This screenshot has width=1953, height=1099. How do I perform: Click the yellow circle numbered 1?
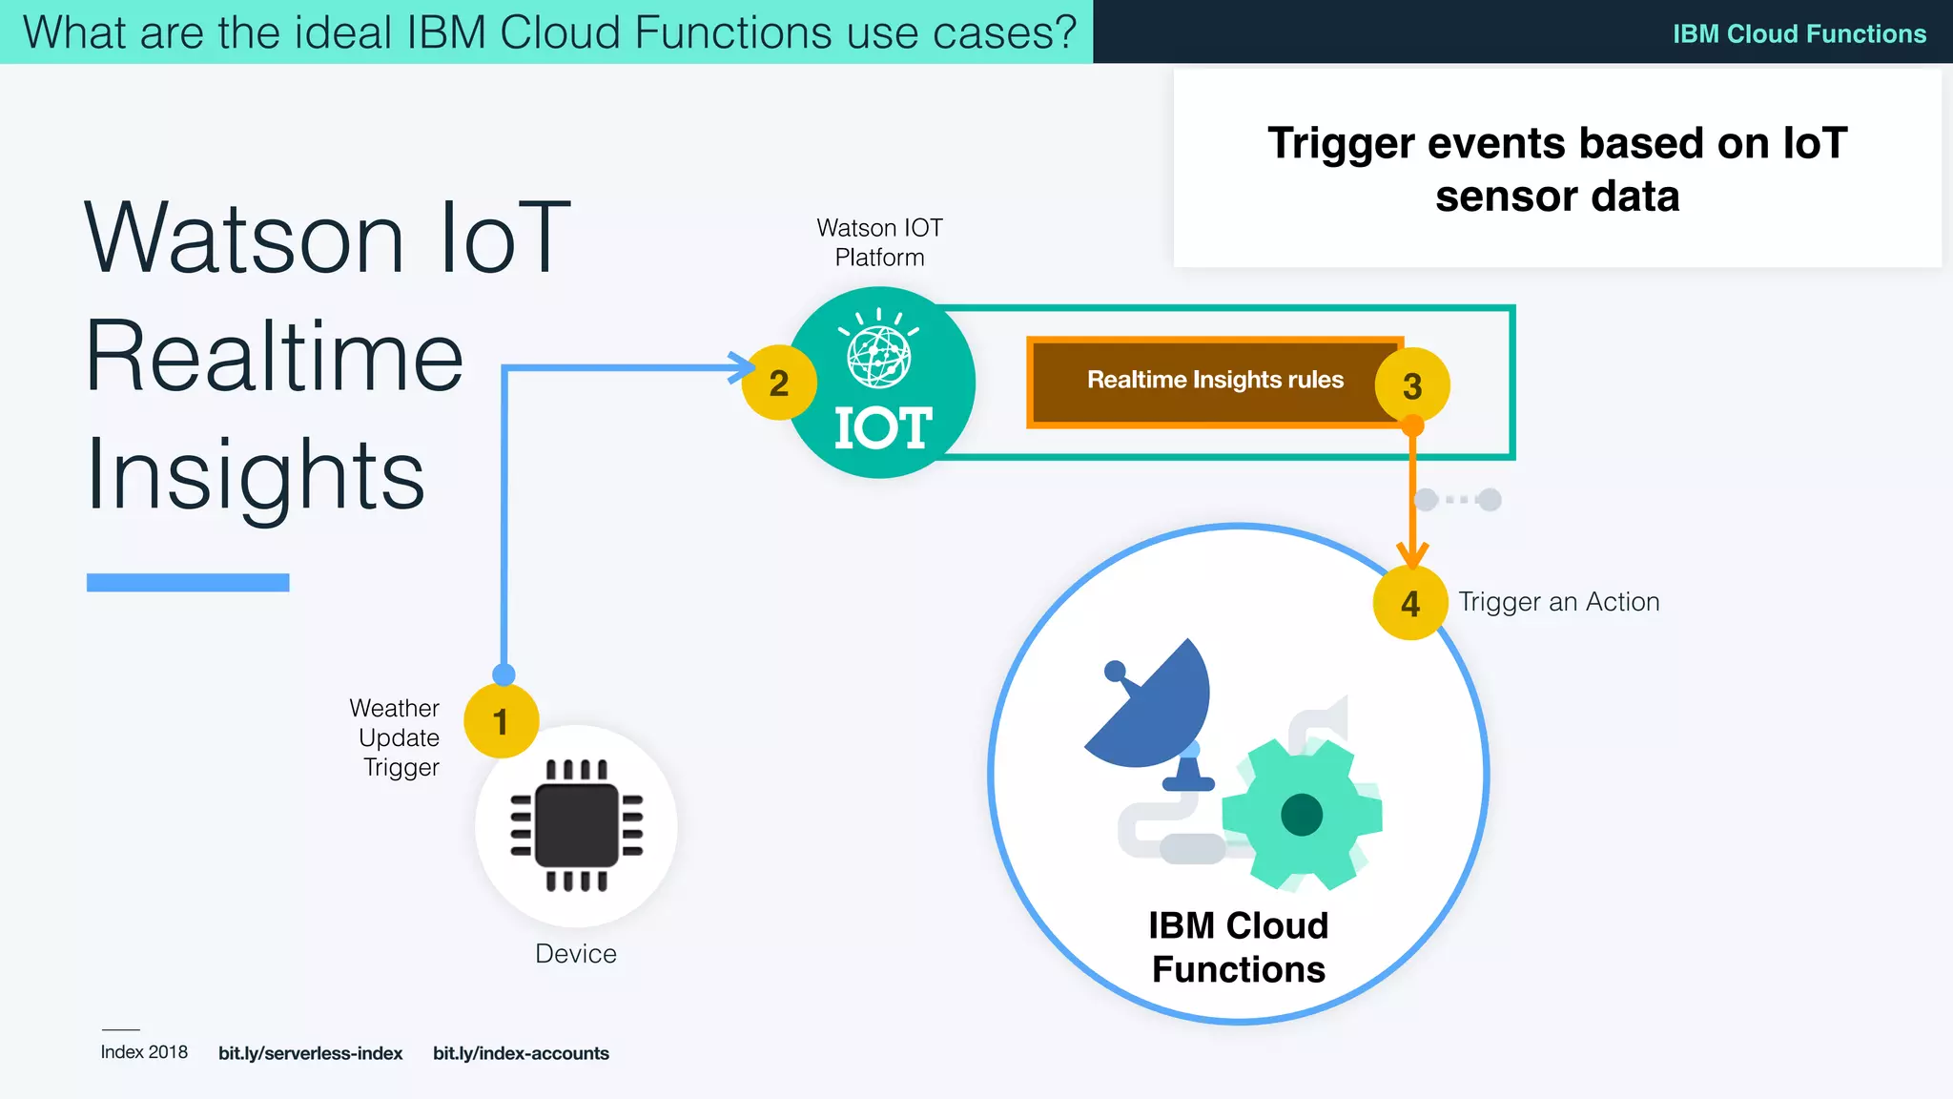click(501, 721)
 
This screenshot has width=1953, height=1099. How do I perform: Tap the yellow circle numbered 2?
click(779, 383)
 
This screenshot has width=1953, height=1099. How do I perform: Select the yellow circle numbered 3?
click(1412, 385)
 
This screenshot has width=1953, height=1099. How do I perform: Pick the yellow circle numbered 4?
click(1410, 603)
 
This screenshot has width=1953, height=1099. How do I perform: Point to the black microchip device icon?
click(576, 825)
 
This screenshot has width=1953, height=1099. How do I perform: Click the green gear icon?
click(1302, 814)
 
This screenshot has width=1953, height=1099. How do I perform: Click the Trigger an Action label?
click(1558, 602)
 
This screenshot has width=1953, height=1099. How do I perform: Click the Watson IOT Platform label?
click(879, 242)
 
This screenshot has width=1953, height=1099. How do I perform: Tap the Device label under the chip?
click(575, 953)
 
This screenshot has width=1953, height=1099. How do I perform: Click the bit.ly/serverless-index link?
click(310, 1053)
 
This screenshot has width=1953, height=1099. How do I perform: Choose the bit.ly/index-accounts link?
click(521, 1053)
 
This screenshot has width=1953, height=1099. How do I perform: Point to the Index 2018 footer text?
click(144, 1052)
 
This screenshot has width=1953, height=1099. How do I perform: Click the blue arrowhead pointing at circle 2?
click(740, 367)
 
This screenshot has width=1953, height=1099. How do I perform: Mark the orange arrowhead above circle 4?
click(1412, 554)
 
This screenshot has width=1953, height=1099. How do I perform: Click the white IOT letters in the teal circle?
click(882, 427)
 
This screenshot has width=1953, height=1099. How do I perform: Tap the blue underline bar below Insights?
click(188, 582)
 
